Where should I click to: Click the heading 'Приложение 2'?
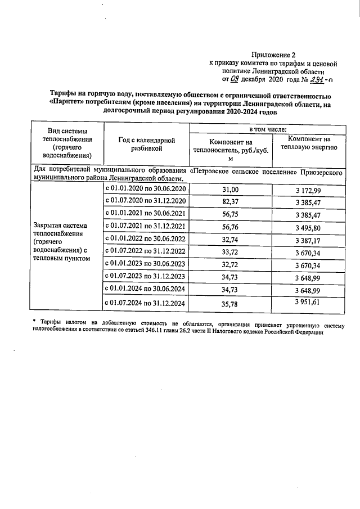click(x=276, y=55)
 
